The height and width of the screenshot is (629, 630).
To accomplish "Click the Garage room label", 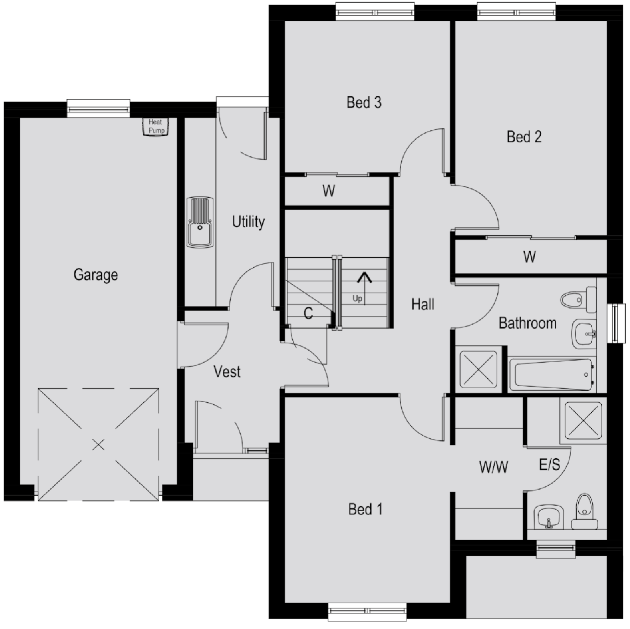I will [95, 275].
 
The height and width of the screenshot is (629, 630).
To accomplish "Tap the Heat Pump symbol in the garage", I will [156, 127].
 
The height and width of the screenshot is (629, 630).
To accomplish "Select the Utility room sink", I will [200, 222].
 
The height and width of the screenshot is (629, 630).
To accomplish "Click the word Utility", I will [248, 222].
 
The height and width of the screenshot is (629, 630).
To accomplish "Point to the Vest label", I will [227, 372].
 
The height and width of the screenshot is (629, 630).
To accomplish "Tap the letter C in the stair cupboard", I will [308, 313].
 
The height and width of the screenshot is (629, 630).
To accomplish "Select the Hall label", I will [422, 304].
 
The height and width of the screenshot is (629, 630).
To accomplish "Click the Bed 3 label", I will [364, 103].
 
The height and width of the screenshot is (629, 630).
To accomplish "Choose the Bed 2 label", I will [524, 137].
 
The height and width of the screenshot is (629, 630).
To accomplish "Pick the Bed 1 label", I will [365, 509].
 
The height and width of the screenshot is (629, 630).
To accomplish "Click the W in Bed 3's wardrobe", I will [328, 191].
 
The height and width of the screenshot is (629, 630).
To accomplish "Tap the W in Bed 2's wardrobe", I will [529, 257].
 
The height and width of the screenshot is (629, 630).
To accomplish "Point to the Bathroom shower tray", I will [478, 369].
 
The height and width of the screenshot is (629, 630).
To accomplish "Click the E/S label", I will [549, 465].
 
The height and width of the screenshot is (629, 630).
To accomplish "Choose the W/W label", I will [493, 467].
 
